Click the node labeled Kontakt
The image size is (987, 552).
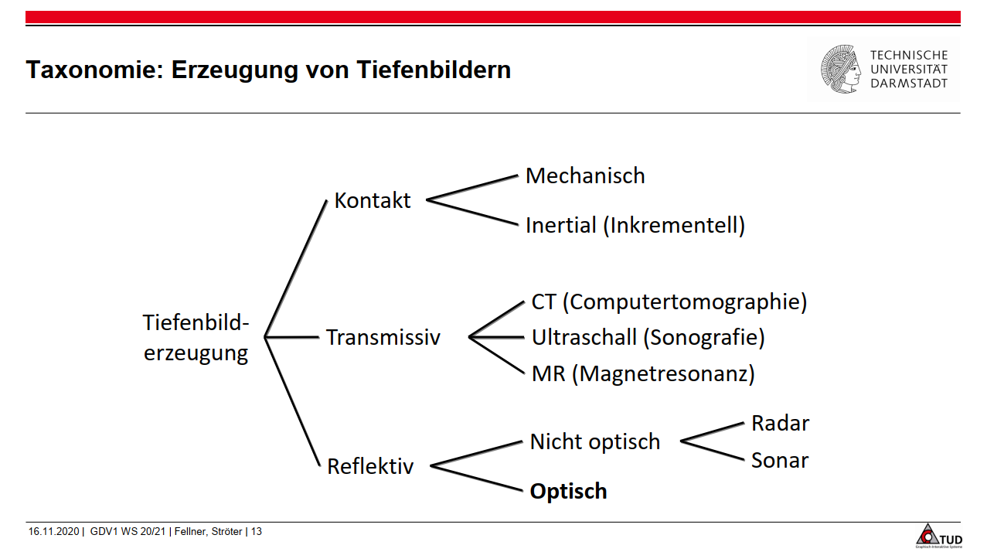[x=372, y=201]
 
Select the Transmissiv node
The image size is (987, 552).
[x=383, y=338]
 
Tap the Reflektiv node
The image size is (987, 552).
[x=370, y=467]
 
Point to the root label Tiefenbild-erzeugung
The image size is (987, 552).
[x=196, y=338]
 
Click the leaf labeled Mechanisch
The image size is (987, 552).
[x=585, y=176]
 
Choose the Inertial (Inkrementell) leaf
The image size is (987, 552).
[x=635, y=226]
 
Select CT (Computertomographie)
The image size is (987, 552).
[x=669, y=302]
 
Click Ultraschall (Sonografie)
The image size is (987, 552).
[x=648, y=338]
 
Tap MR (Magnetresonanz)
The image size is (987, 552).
[x=643, y=374]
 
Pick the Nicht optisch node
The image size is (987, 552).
[x=595, y=442]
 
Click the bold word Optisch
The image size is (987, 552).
[x=568, y=492]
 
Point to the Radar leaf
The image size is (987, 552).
[x=780, y=424]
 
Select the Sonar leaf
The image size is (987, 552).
[x=779, y=461]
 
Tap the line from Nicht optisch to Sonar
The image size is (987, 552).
[x=711, y=451]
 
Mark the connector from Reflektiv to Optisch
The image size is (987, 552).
[x=476, y=479]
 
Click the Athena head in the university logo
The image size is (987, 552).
[x=841, y=70]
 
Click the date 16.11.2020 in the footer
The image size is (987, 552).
[x=53, y=532]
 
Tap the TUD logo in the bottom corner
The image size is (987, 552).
[x=938, y=536]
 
